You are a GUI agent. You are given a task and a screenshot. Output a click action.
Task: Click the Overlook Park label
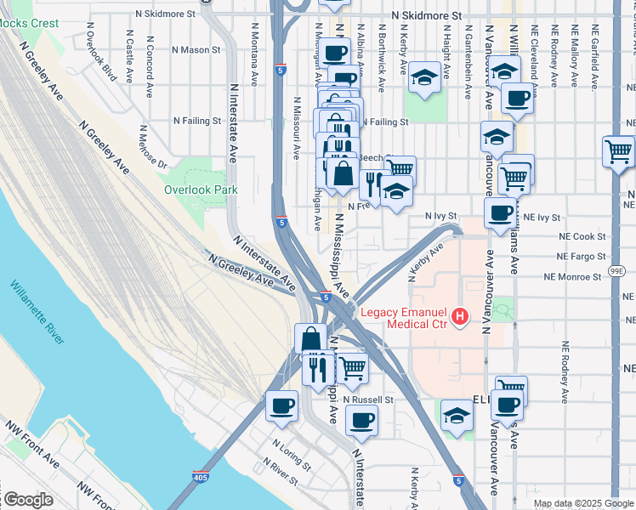point(201,190)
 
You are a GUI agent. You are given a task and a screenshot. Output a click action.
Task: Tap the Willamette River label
point(38,312)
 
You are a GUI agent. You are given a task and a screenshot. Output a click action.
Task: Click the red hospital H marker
point(460,317)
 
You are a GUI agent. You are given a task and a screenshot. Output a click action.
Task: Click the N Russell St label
point(368,399)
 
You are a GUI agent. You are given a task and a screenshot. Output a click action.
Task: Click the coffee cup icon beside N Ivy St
point(500,213)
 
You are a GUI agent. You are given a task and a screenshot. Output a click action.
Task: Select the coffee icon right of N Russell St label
point(361,419)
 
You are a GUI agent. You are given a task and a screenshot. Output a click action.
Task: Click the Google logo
point(28,500)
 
